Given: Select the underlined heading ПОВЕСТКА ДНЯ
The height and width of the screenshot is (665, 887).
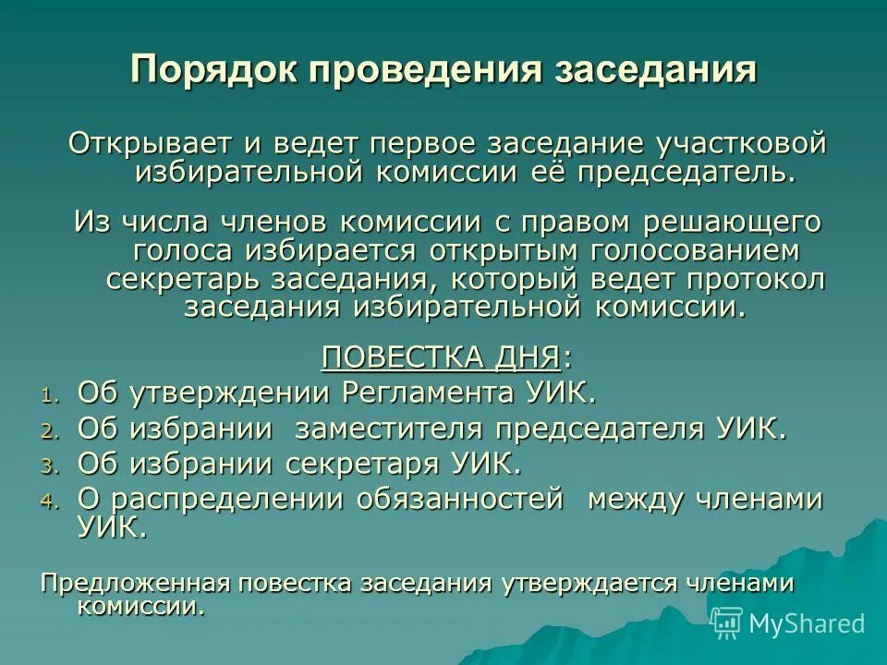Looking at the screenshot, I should point(441,356).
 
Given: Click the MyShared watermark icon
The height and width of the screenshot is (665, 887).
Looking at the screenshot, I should point(727,623).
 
